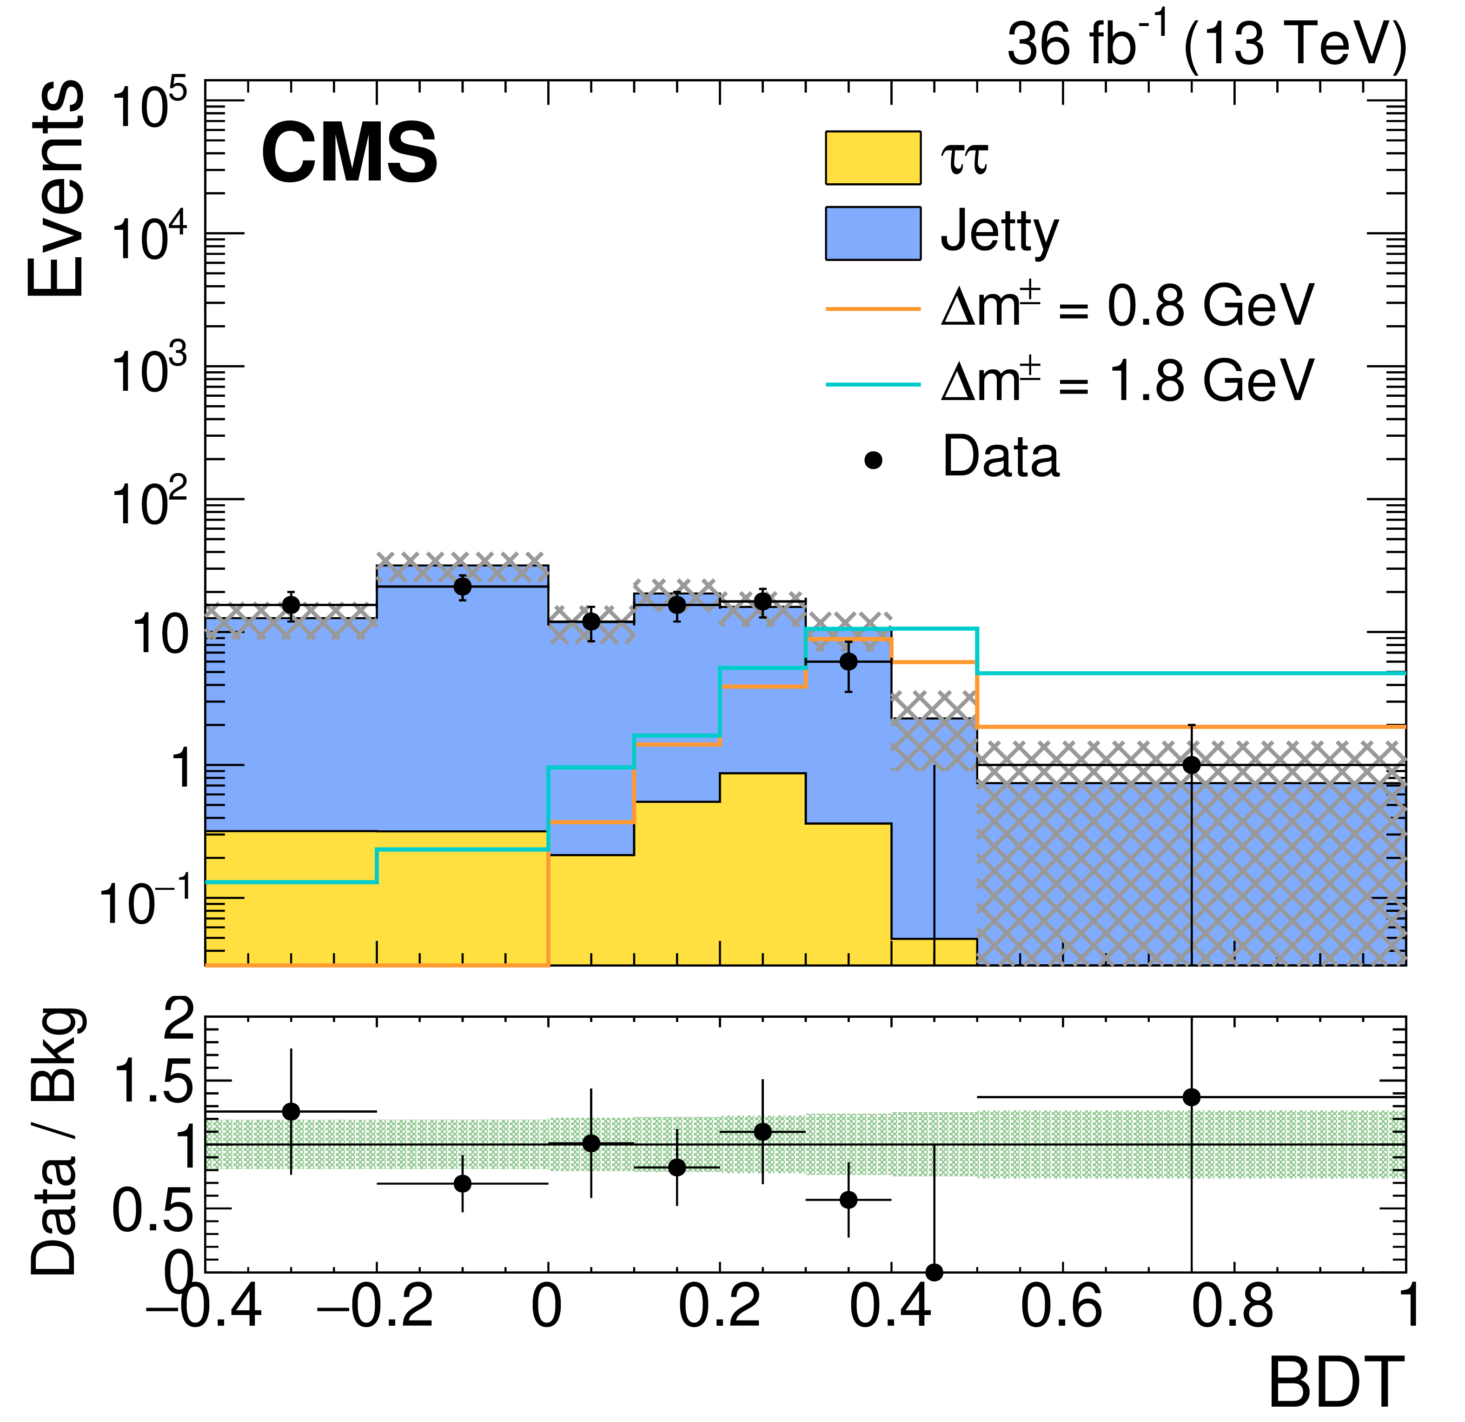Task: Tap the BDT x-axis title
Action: [1336, 1382]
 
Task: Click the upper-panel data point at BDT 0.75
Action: [1192, 765]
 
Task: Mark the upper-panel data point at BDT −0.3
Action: [291, 605]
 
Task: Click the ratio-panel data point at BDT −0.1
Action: [462, 1183]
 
